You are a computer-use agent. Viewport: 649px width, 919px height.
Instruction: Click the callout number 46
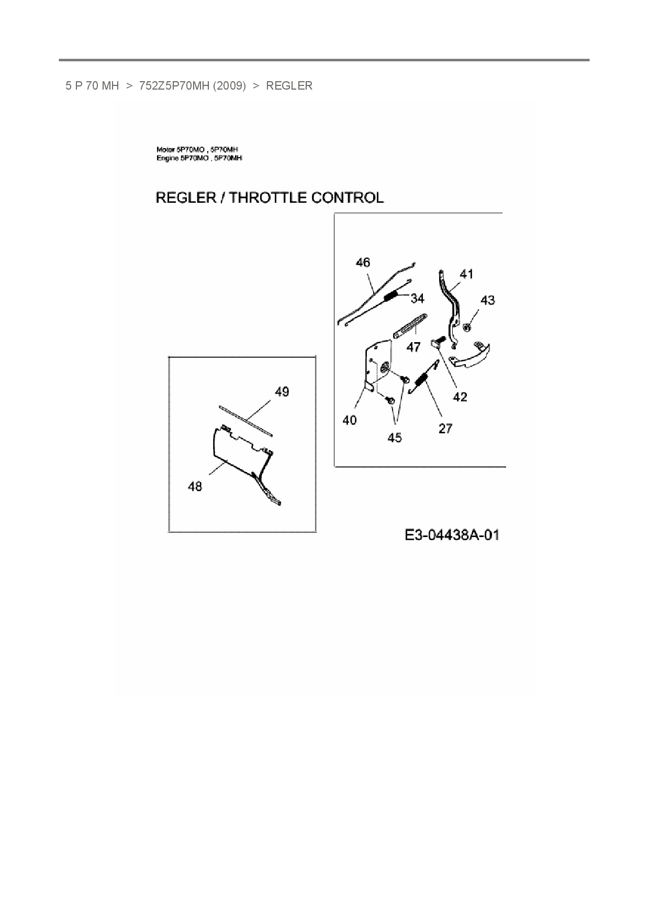tap(363, 262)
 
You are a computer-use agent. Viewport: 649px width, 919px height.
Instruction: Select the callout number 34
tap(417, 298)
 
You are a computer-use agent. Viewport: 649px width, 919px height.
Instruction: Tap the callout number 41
tap(466, 274)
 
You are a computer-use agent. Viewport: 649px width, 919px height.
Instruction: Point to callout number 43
tap(487, 300)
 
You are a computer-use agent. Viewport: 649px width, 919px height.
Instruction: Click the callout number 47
tap(413, 347)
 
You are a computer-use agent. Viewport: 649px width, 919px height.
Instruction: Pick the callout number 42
tap(460, 397)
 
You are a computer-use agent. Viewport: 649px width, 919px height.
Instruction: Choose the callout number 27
tap(445, 429)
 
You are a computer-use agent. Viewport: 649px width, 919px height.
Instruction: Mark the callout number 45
tap(395, 437)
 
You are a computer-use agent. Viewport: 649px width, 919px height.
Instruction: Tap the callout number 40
tap(350, 420)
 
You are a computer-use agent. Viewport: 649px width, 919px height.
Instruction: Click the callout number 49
tap(282, 392)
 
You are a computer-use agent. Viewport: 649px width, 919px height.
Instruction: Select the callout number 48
tap(195, 487)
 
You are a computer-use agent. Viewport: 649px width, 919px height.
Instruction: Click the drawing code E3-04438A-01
tap(452, 535)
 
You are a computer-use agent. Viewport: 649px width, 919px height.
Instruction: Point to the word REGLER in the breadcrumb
tap(289, 86)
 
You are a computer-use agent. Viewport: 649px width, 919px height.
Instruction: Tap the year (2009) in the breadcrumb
tap(229, 86)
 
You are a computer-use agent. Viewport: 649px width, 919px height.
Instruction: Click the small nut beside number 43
tap(467, 327)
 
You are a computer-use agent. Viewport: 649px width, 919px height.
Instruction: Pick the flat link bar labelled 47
tap(410, 326)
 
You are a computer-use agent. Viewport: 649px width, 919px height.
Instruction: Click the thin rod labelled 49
tap(245, 420)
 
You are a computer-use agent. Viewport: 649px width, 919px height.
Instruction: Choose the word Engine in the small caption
tap(167, 158)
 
